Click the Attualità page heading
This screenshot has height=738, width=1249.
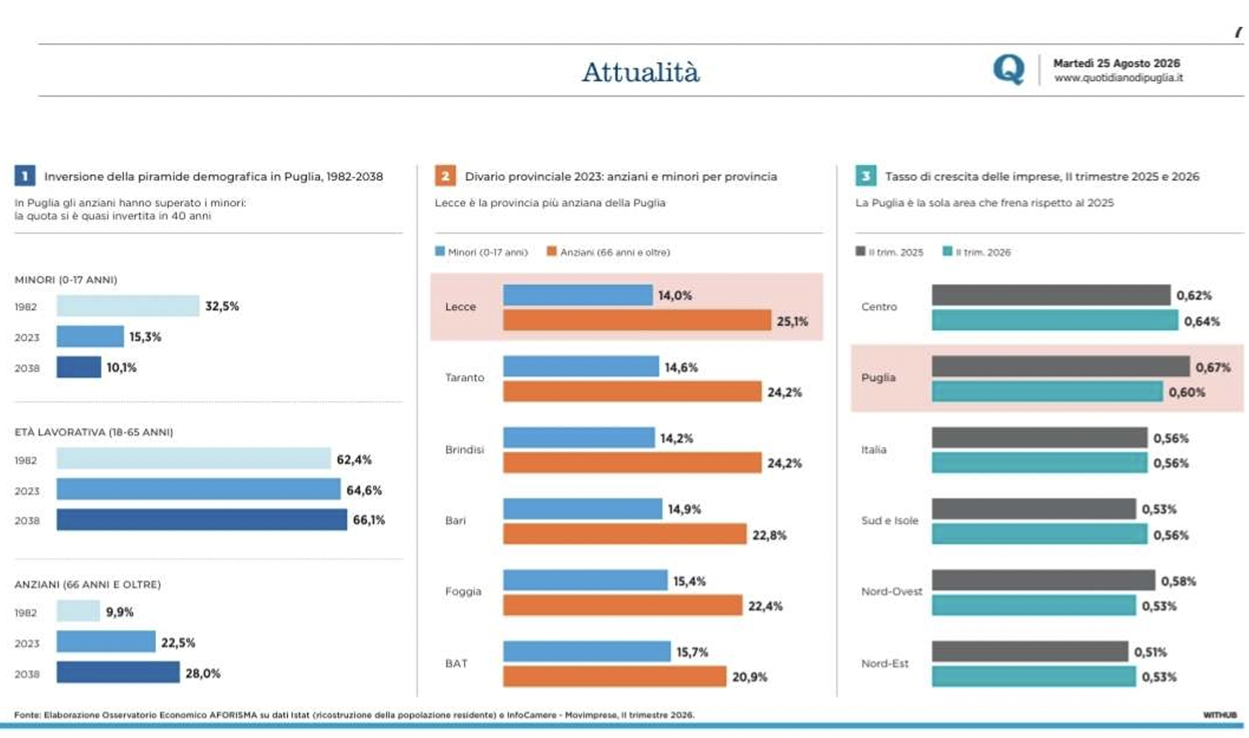(640, 72)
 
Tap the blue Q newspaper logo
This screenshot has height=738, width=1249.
(1008, 69)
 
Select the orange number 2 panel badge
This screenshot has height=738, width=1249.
(445, 176)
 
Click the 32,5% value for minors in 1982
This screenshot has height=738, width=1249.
(222, 306)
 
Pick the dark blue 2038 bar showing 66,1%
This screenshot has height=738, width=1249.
(202, 519)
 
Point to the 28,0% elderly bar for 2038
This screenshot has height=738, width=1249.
(118, 672)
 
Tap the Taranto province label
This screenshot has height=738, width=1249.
(465, 378)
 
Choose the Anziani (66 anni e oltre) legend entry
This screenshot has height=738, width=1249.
(609, 252)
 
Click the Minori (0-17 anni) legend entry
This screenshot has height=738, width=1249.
(481, 252)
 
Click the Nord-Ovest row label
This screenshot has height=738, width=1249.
(892, 592)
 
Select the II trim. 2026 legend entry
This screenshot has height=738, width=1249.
(976, 252)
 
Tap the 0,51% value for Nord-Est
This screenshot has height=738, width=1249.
(1150, 652)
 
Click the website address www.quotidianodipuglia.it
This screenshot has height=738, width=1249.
(1118, 78)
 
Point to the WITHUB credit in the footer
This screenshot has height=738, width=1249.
(1220, 715)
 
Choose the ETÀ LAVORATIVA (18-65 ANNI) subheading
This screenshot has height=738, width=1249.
(94, 432)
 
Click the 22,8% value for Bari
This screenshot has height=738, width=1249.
(769, 535)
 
